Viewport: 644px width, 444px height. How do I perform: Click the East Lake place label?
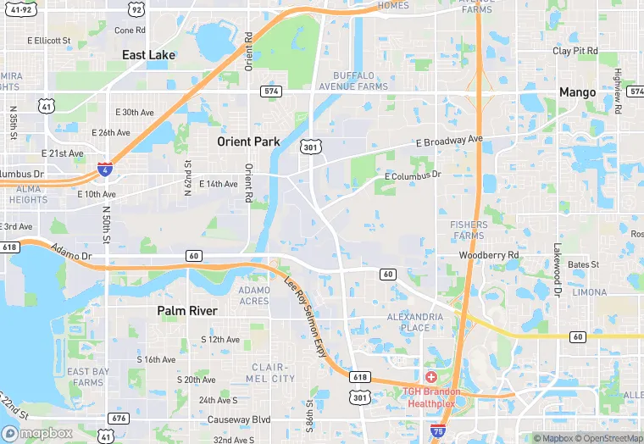[x=148, y=55]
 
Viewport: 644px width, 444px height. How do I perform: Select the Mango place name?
[x=576, y=92]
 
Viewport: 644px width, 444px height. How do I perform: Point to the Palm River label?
[x=187, y=311]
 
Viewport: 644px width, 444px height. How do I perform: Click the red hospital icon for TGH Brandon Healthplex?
[x=430, y=376]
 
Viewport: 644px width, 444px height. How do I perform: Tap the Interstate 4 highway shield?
[x=104, y=169]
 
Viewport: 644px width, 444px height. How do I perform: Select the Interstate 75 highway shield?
[x=438, y=431]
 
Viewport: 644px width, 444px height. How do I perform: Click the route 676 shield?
[x=118, y=419]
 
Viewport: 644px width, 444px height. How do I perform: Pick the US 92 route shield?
[x=136, y=10]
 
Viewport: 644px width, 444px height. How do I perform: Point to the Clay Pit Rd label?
[x=575, y=51]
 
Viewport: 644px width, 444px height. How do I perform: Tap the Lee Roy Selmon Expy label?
[x=306, y=316]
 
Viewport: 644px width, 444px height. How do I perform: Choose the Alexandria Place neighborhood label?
[x=415, y=322]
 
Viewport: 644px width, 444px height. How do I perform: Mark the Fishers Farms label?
[x=468, y=230]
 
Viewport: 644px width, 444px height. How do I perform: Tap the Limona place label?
[x=589, y=291]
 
